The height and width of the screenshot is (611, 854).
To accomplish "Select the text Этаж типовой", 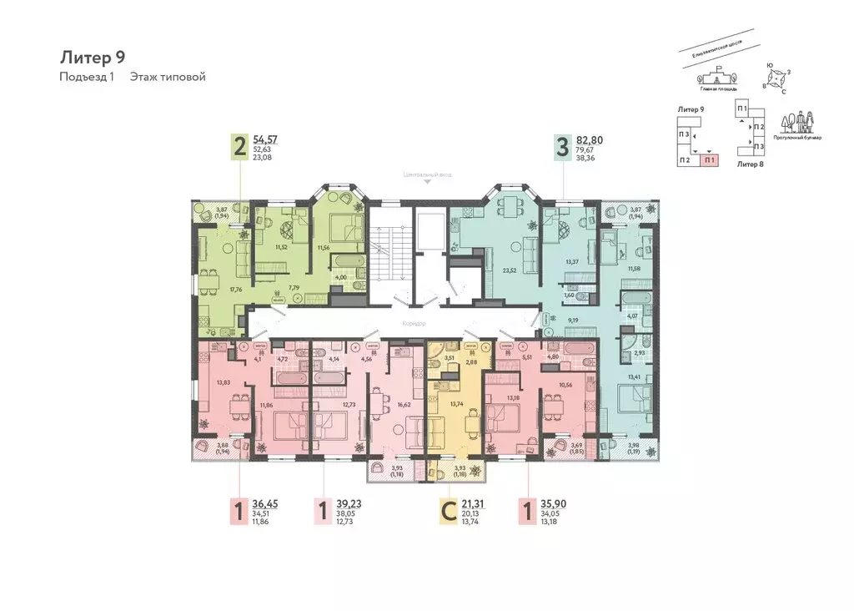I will pyautogui.click(x=168, y=77).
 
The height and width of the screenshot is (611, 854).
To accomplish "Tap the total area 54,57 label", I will pyautogui.click(x=269, y=140).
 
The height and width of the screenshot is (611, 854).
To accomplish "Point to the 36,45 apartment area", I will pyautogui.click(x=269, y=503).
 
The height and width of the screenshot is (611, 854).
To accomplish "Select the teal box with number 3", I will pyautogui.click(x=562, y=148).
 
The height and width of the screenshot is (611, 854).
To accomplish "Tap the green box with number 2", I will pyautogui.click(x=240, y=148).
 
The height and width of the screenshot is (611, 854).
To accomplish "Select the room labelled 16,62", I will pyautogui.click(x=404, y=380).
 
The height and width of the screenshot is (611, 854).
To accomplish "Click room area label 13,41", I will pyautogui.click(x=635, y=376).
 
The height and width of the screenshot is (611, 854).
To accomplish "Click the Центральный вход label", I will pyautogui.click(x=427, y=175).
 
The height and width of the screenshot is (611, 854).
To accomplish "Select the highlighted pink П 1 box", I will pyautogui.click(x=709, y=159).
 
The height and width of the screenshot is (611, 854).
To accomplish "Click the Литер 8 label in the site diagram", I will pyautogui.click(x=750, y=164).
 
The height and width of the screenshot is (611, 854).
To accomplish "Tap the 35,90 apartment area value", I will pyautogui.click(x=553, y=503).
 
